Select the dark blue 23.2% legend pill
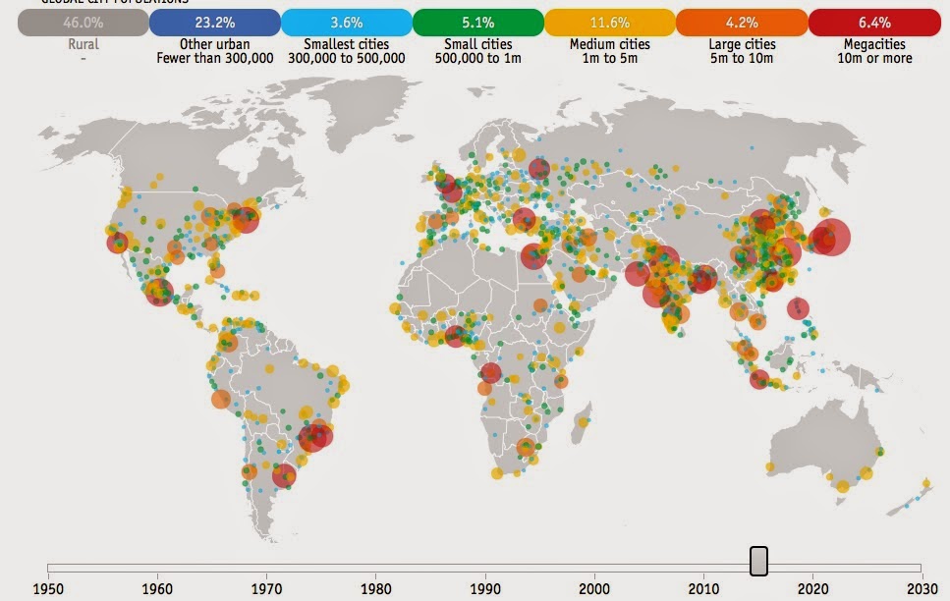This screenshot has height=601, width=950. click(214, 22)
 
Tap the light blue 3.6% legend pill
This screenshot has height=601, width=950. click(346, 22)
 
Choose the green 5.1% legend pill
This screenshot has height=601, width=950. click(478, 22)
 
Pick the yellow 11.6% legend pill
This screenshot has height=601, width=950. click(610, 22)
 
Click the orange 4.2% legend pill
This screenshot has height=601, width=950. click(742, 22)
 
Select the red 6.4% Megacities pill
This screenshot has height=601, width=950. click(873, 22)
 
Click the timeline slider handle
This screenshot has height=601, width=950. click(758, 562)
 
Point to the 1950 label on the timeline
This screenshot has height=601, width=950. click(47, 589)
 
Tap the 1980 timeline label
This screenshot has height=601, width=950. click(374, 589)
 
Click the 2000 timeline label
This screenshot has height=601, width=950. click(593, 589)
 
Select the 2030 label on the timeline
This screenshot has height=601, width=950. click(921, 589)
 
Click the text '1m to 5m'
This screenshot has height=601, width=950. click(610, 59)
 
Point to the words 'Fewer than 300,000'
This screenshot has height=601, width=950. click(213, 59)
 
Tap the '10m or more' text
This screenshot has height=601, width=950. click(874, 59)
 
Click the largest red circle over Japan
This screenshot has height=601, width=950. click(830, 237)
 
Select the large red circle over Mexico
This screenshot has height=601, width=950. click(158, 291)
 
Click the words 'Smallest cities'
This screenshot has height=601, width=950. click(346, 44)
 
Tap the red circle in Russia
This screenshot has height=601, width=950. click(538, 169)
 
